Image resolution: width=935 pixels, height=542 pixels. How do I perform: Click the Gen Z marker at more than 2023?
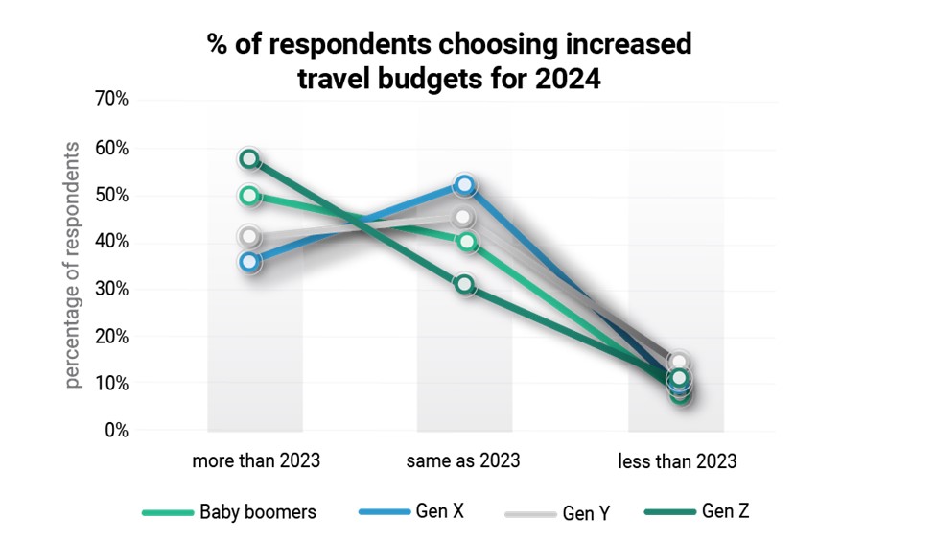coord(250,159)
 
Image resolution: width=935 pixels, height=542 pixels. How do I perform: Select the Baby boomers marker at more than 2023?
coord(250,196)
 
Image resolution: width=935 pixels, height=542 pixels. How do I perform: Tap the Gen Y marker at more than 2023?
coord(250,236)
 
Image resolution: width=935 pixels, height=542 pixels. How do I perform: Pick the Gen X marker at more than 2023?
coord(250,261)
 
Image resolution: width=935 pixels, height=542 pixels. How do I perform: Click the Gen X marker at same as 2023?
coord(465,184)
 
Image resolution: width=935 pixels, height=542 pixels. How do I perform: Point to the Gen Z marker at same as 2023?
coord(465,284)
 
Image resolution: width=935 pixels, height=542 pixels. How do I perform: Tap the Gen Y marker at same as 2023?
coord(464,218)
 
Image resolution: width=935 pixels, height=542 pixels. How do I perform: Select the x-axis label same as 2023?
coord(463,460)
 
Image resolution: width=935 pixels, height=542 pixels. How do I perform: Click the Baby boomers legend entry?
coord(257,512)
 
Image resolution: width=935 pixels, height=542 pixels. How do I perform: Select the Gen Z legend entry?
coord(725,511)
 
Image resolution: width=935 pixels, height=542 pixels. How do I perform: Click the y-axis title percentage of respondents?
coord(74,266)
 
